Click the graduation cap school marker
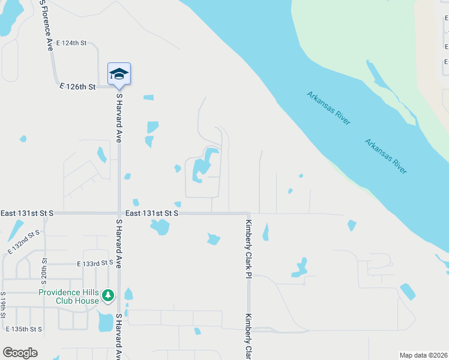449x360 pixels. pos(119,74)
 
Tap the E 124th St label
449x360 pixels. pos(71,43)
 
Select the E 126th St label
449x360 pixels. pos(78,87)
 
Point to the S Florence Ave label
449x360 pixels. pos(46,25)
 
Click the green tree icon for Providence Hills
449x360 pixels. pos(108,295)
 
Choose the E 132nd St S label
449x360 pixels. pos(23,241)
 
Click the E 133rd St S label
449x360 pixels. pos(95,263)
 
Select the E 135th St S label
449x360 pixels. pos(24,329)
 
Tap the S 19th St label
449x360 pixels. pos(3,304)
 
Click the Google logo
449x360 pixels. pos(20,353)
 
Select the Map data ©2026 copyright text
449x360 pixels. pos(423,355)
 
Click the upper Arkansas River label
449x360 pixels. pos(328,108)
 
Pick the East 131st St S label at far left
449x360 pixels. pos(27,213)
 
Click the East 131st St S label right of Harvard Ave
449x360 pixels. pos(152,213)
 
